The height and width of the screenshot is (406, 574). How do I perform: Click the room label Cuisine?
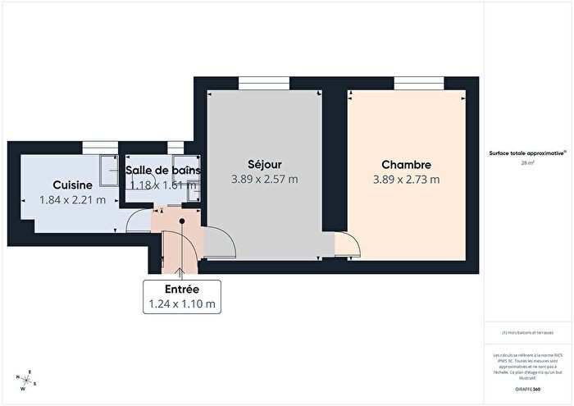coord(73,185)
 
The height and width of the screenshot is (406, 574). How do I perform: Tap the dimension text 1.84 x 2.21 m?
coord(73,199)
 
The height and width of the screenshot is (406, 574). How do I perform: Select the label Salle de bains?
coord(164,170)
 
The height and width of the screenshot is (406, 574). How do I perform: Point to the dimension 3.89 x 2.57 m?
coord(264,179)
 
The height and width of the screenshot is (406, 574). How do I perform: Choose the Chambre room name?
coord(406,164)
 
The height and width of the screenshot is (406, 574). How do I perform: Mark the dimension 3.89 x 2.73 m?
coord(406,180)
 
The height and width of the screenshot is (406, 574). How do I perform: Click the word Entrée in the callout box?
coord(182,290)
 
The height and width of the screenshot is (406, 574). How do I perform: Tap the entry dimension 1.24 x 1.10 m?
coord(182,304)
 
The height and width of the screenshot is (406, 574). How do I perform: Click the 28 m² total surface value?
coord(528,163)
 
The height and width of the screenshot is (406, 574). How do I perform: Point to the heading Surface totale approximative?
coord(526,153)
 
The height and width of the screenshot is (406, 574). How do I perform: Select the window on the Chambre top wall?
coord(409,81)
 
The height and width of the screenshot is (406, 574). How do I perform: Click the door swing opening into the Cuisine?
coord(139,220)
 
